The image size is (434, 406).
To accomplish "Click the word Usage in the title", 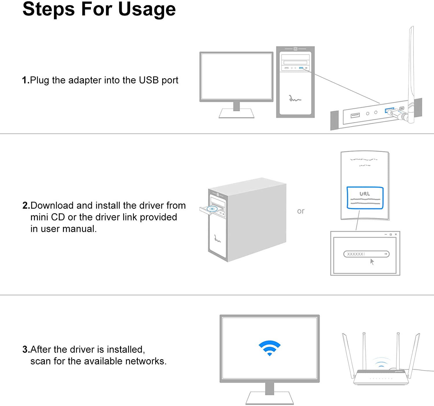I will (x=147, y=9).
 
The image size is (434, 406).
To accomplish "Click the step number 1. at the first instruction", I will (x=25, y=80).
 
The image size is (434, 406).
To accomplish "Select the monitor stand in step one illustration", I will (x=236, y=111).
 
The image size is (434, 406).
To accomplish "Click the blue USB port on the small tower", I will (x=301, y=68).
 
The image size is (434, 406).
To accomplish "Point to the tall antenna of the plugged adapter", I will (x=411, y=66).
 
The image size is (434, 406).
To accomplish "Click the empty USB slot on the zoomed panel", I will (x=355, y=116).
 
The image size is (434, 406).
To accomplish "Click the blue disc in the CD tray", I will (x=212, y=209).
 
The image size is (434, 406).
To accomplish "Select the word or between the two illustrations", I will (x=301, y=211).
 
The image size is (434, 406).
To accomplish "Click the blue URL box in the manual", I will (x=365, y=198).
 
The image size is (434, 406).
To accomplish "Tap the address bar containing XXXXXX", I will (x=366, y=254).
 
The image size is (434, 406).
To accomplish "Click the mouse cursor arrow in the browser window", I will (x=372, y=262).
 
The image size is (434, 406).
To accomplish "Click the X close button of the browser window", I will (x=396, y=234).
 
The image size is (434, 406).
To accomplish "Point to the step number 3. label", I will (x=26, y=349).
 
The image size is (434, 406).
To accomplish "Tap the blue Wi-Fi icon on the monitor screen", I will (x=269, y=348).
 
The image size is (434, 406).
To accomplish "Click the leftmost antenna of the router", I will (x=348, y=355).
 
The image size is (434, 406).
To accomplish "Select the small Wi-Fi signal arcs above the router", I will (x=381, y=362).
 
